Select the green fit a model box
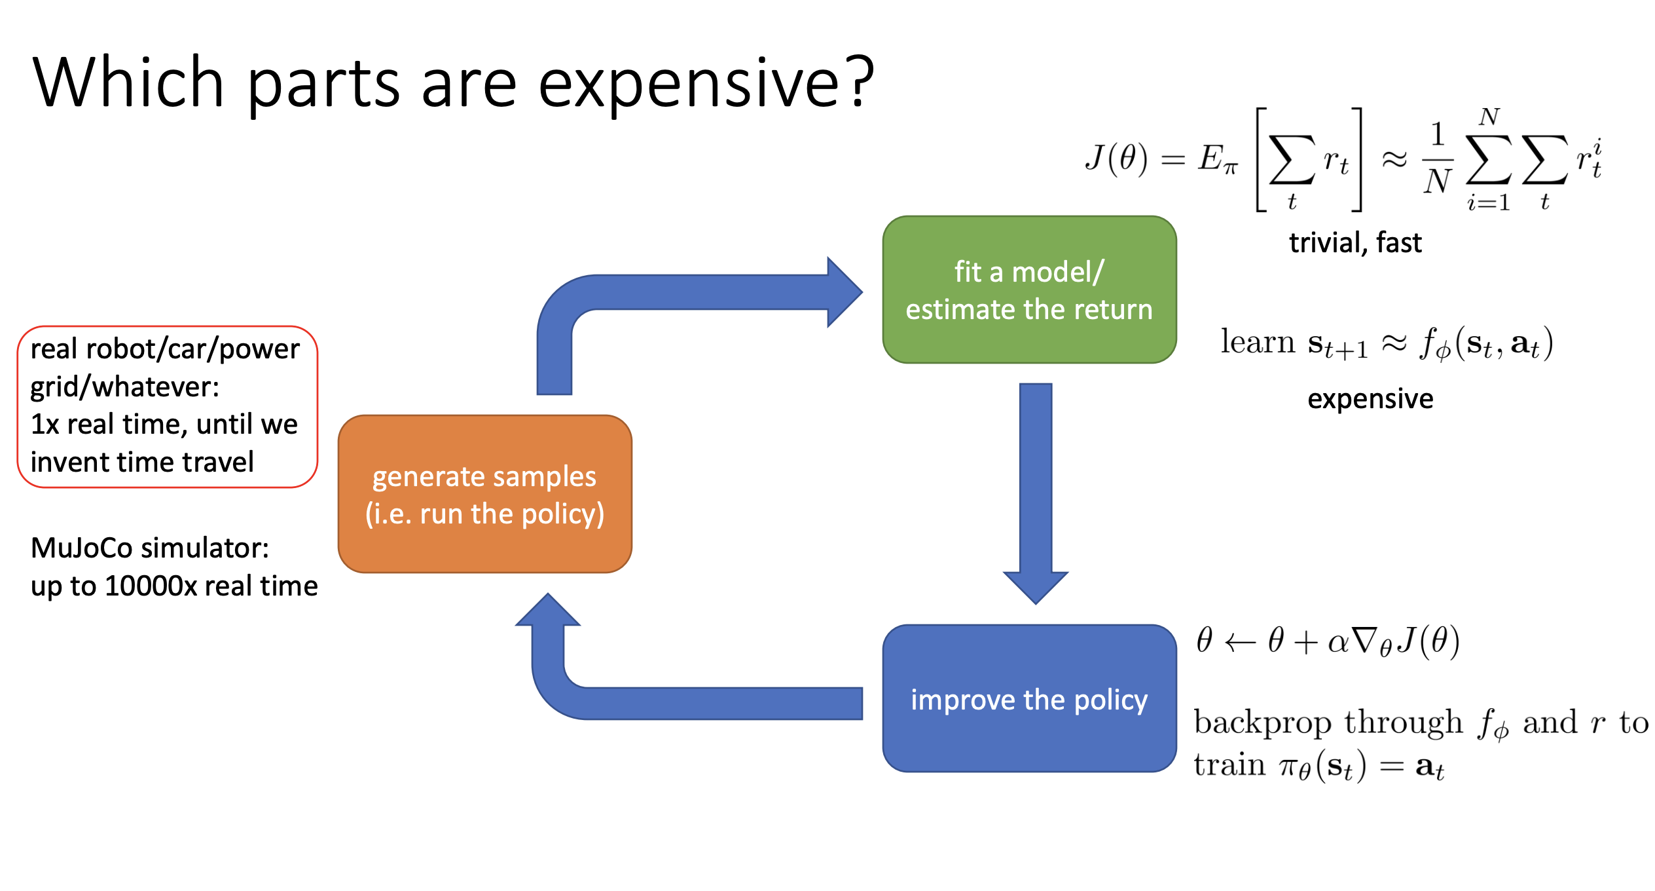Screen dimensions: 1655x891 (x=1029, y=290)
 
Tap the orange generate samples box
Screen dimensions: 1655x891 (x=485, y=494)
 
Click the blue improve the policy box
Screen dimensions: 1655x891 (x=1029, y=698)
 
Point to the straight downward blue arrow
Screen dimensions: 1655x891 (x=1036, y=493)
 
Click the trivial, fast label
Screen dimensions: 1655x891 (x=1355, y=243)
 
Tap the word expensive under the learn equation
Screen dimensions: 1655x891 (x=1370, y=399)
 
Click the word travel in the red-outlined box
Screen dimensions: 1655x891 (x=218, y=463)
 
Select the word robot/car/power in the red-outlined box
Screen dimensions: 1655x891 (x=193, y=349)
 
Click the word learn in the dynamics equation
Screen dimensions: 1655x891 (x=1258, y=342)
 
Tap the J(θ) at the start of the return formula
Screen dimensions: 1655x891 (x=1116, y=159)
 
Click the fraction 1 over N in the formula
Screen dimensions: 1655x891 (x=1438, y=159)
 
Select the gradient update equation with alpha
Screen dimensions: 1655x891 (x=1328, y=641)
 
